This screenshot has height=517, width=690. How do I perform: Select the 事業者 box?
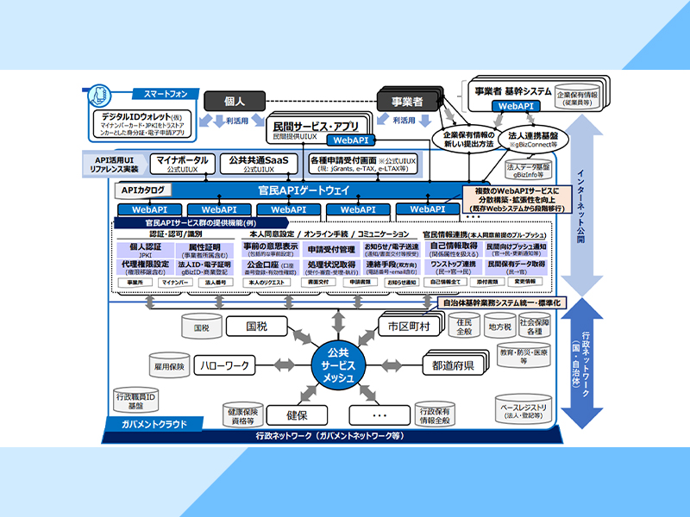pos(408,101)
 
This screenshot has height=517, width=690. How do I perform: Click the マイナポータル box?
pos(184,163)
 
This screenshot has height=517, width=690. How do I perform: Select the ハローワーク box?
pos(225,365)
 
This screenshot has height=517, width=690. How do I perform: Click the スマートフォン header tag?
pos(160,93)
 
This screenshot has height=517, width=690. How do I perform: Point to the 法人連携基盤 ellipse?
pos(533,140)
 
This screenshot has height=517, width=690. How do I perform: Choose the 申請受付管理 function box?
pos(331,250)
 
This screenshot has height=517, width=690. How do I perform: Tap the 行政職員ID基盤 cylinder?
pos(136,401)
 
